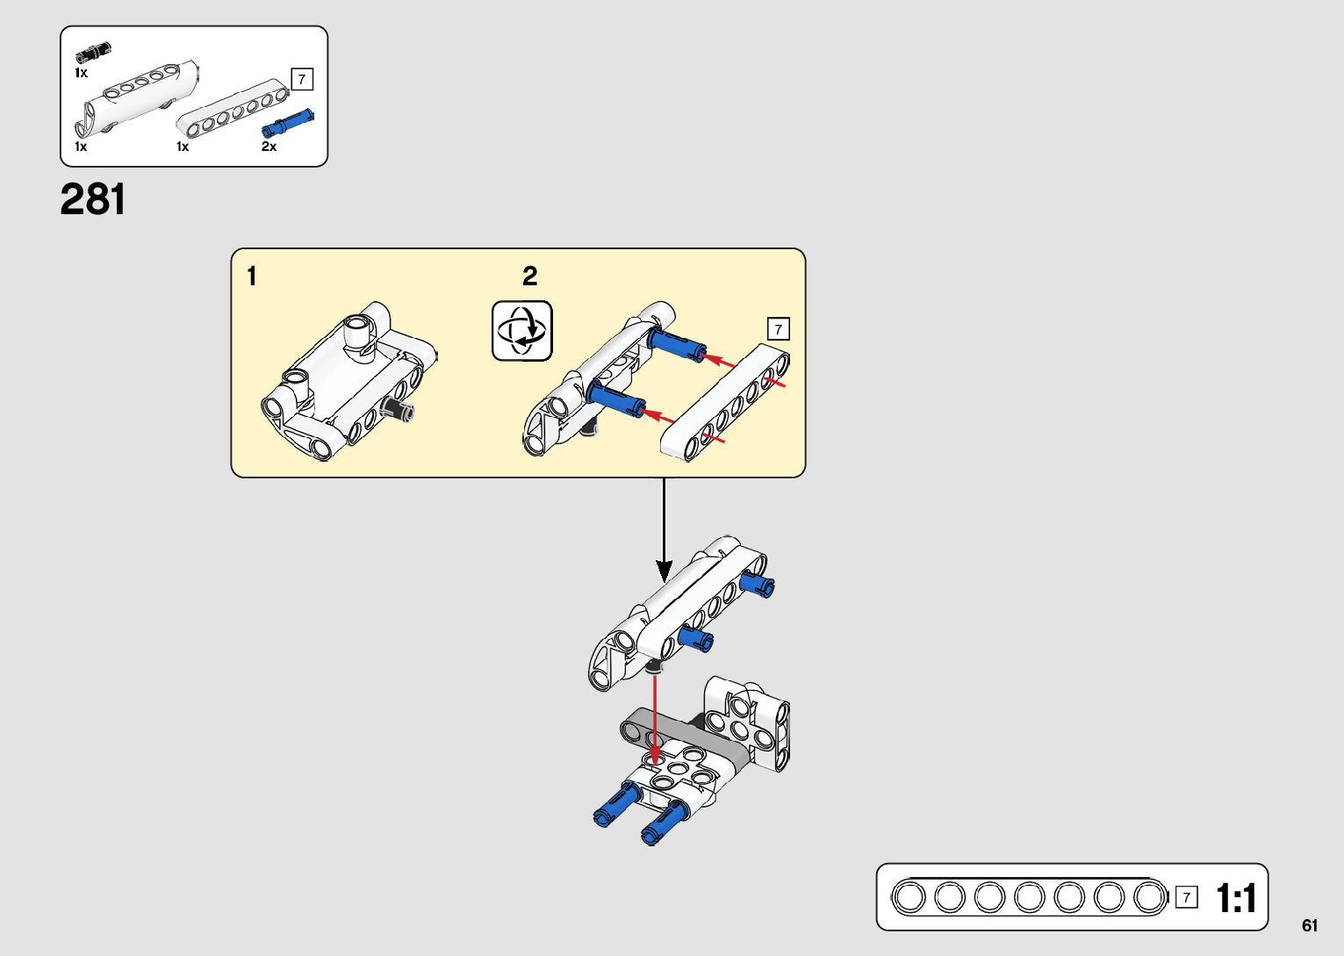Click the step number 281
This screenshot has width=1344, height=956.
point(93,200)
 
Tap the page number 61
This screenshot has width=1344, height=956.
point(1310,925)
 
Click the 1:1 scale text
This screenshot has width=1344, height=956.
point(1236,898)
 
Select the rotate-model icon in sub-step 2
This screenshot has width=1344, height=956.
point(522,331)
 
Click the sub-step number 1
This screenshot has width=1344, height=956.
point(252,277)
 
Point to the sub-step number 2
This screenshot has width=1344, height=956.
point(529,277)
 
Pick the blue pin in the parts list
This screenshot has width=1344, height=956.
point(287,123)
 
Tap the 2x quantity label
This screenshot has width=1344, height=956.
point(269,147)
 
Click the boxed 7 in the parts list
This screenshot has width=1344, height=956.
point(302,79)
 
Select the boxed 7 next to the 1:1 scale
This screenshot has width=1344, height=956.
point(1186,897)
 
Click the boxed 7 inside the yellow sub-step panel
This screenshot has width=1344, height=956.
point(779,329)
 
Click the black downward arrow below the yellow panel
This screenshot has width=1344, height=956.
point(665,527)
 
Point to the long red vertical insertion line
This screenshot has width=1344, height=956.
point(655,715)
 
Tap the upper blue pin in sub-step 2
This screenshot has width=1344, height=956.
point(677,343)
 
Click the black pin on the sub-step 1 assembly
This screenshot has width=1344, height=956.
point(399,409)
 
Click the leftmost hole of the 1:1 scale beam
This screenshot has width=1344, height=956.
point(909,898)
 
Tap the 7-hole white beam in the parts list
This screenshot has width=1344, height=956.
point(233,110)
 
